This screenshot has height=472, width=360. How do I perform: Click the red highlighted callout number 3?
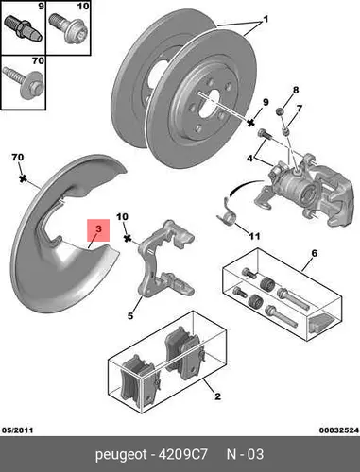tap(98, 230)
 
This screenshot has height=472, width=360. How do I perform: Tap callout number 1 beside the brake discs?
tap(266, 20)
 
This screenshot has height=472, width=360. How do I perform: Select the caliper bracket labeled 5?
tap(166, 259)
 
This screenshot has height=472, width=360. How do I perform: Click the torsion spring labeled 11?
tap(228, 213)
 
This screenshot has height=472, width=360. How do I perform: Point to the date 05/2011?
tap(18, 430)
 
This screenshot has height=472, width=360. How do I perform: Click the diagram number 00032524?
tap(338, 430)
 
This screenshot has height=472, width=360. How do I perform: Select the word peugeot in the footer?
tap(121, 455)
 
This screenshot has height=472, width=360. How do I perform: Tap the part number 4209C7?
tap(182, 454)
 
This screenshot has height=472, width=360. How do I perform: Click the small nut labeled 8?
tap(279, 111)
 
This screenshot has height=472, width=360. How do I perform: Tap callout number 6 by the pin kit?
tap(314, 253)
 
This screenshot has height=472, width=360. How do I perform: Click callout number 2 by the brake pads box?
tap(217, 396)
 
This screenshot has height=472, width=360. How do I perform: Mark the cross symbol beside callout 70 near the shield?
tap(23, 178)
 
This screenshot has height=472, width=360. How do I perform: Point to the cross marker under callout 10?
tap(128, 238)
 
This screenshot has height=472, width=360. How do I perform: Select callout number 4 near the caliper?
tap(249, 159)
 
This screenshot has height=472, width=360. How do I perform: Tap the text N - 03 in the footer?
tap(245, 454)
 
